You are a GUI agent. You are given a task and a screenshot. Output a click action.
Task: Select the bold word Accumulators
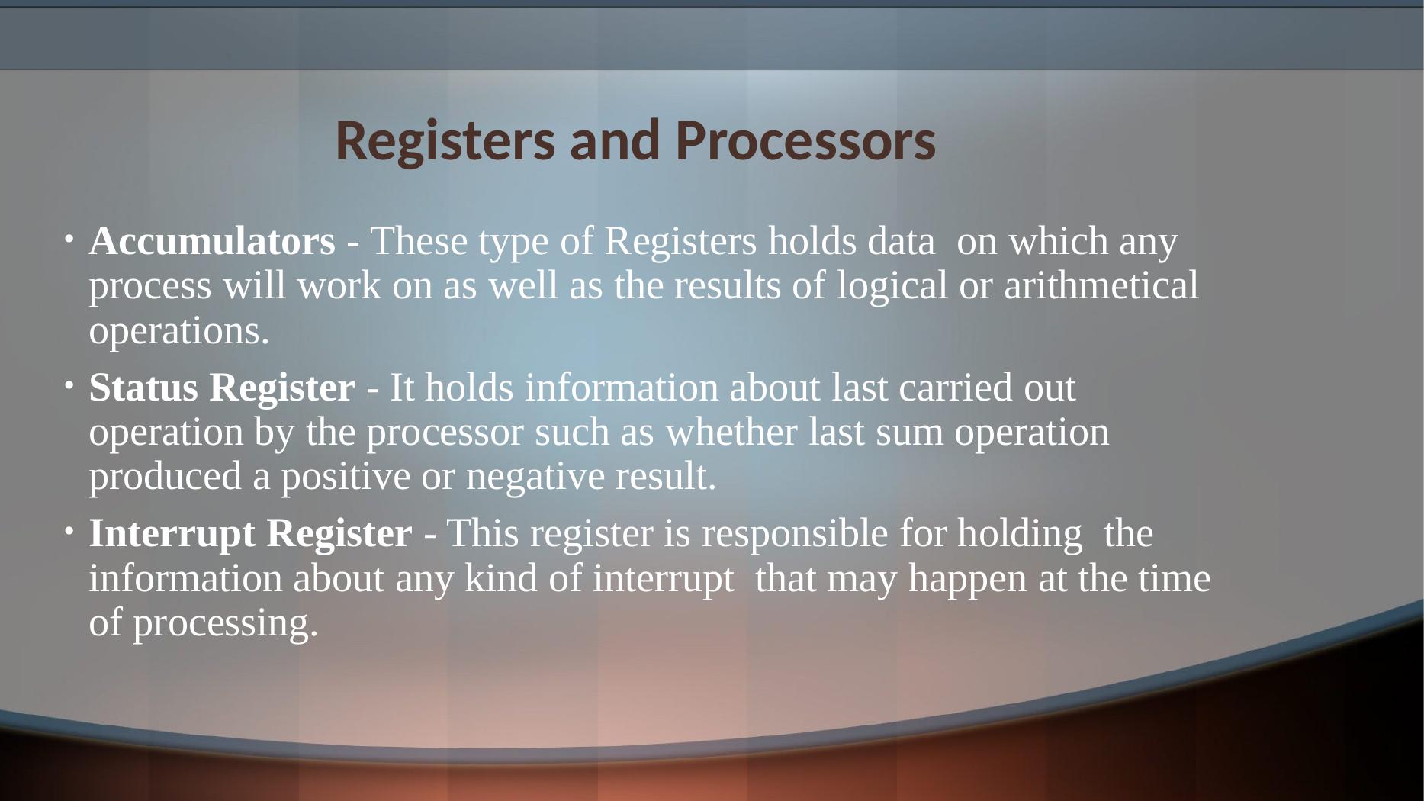212,242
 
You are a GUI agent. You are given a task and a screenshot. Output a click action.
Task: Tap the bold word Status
143,388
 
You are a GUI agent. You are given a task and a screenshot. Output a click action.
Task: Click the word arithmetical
1101,287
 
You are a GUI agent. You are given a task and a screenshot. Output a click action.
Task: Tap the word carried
956,388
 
